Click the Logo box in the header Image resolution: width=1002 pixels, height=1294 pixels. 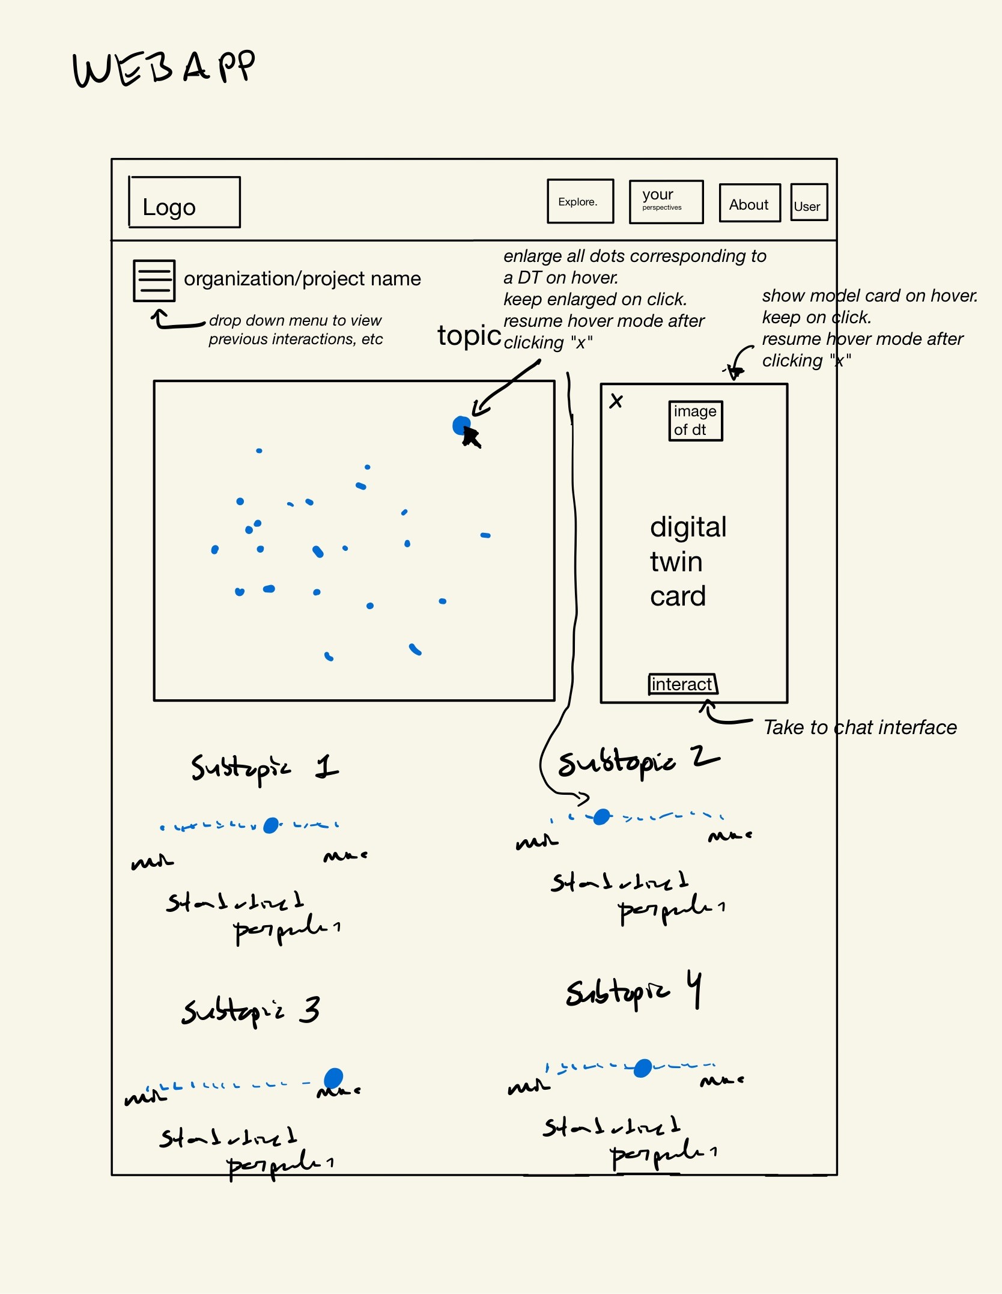click(184, 202)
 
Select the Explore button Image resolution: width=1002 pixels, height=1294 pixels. click(580, 201)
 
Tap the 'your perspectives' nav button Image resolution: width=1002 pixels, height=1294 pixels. click(666, 202)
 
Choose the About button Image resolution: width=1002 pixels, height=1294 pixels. click(749, 204)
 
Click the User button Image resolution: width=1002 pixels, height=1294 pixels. click(809, 203)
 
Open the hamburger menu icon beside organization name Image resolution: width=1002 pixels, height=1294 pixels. click(154, 281)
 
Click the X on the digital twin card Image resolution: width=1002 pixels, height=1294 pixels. click(616, 401)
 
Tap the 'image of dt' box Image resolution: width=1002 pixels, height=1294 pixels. click(696, 421)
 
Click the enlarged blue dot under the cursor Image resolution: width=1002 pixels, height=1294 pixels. click(461, 425)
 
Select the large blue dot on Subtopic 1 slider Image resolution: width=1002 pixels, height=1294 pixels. click(271, 825)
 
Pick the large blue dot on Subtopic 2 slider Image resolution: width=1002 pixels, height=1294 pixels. click(601, 817)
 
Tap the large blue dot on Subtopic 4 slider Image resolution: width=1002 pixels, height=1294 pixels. click(642, 1068)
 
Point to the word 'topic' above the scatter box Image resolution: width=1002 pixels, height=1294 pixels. click(469, 336)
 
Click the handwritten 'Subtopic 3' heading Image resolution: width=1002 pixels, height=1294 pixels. click(251, 1010)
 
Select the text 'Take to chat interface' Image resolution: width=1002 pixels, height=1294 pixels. click(860, 727)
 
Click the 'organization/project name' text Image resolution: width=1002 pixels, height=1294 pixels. click(302, 279)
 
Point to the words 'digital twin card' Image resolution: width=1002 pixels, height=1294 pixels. click(688, 561)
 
